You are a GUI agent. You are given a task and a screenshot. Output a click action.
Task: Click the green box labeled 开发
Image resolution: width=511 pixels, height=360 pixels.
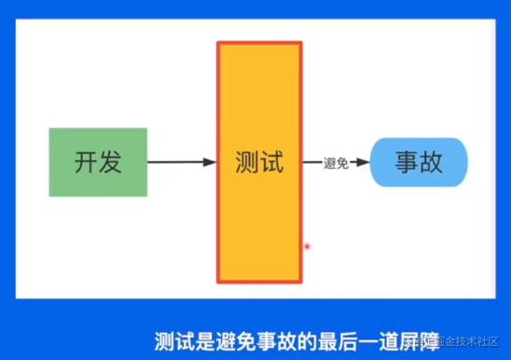(98, 161)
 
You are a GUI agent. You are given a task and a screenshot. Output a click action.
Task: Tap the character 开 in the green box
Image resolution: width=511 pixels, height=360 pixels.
(86, 161)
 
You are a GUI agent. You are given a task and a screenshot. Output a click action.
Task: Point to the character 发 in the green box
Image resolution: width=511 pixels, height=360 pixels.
(110, 161)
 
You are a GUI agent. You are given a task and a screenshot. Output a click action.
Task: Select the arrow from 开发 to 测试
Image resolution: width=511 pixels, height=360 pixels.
(182, 162)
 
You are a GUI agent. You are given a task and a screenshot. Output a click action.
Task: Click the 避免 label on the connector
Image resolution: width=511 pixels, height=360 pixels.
(336, 163)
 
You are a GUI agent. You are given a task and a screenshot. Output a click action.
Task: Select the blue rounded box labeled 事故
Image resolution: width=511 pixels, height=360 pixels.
(418, 163)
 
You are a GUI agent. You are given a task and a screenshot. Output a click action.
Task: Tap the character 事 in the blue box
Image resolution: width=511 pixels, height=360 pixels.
(406, 163)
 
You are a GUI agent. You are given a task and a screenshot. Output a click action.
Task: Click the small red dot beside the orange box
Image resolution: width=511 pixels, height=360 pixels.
(307, 246)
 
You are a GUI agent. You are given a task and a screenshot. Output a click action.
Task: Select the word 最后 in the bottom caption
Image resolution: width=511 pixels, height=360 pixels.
(325, 341)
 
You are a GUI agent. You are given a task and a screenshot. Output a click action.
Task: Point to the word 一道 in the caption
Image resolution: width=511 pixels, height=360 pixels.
(364, 341)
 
